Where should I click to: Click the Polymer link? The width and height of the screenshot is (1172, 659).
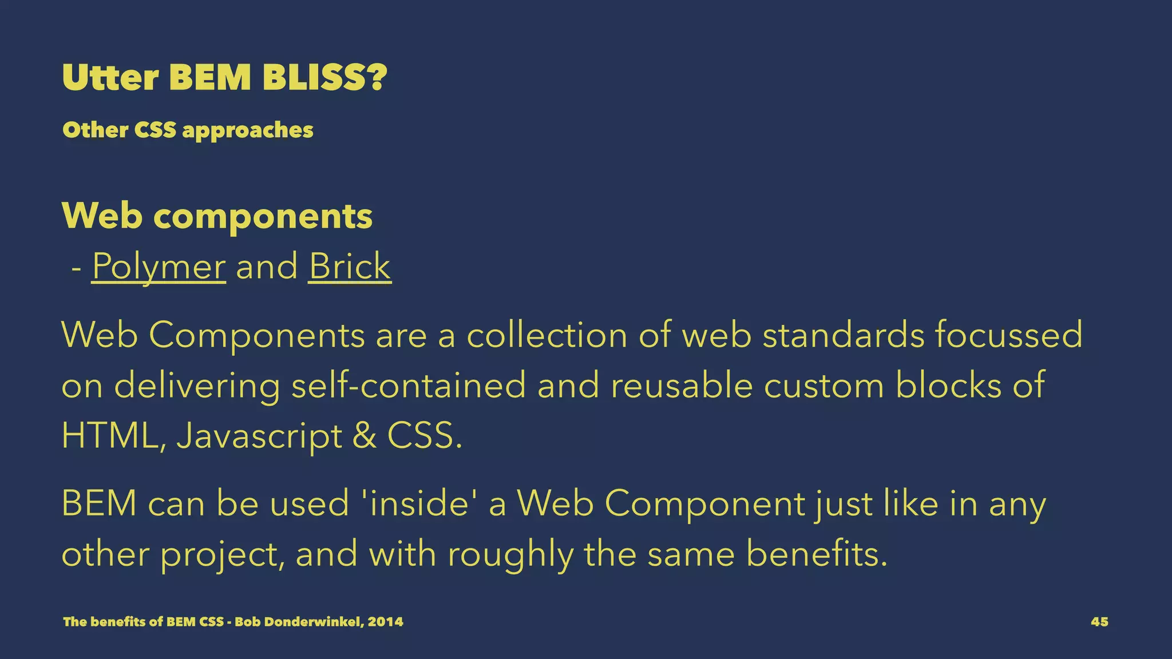click(x=159, y=267)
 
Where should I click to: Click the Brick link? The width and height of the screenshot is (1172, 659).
click(x=350, y=267)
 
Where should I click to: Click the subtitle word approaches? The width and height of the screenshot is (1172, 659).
click(x=248, y=130)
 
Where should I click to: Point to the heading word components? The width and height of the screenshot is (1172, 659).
click(x=263, y=216)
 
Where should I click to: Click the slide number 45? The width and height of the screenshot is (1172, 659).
click(x=1099, y=622)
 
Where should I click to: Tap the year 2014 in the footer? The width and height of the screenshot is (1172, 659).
click(x=385, y=622)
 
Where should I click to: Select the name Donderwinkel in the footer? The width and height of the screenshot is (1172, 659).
click(x=312, y=622)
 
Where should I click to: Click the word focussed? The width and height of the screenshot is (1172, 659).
click(x=1009, y=335)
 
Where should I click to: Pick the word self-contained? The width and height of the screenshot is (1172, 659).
click(x=409, y=385)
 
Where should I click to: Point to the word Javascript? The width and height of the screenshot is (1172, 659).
click(x=259, y=437)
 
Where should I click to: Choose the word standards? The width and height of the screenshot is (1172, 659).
click(x=844, y=335)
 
